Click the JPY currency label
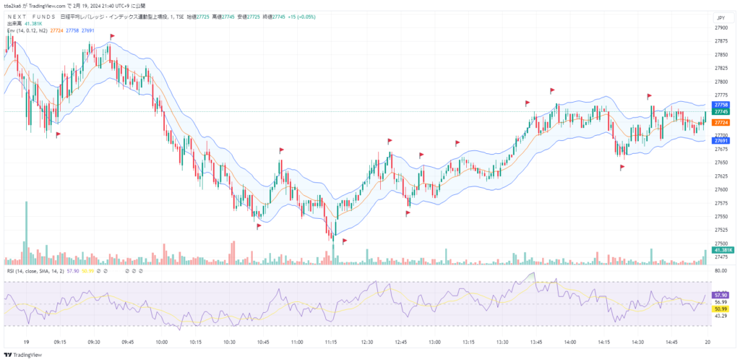(x=720, y=17)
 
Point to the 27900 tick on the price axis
(x=720, y=27)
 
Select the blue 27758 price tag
(x=720, y=105)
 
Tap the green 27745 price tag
(x=720, y=111)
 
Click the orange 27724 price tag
(x=720, y=123)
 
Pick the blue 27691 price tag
(x=720, y=141)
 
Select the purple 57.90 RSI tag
(x=720, y=295)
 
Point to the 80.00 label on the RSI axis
(x=720, y=270)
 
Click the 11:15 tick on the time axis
(x=331, y=342)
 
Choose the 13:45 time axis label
(x=536, y=342)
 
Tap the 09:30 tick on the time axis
(x=94, y=342)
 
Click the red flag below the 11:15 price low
(x=345, y=241)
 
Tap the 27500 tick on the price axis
(x=720, y=244)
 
